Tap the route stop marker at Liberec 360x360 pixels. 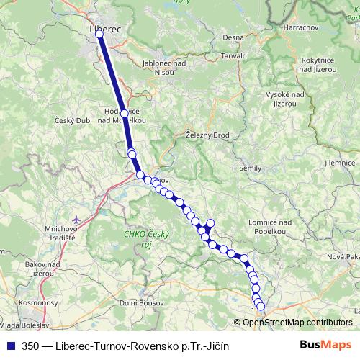(99, 34)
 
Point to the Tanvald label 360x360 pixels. (234, 55)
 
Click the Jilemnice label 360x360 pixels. (341, 163)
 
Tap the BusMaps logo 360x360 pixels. (326, 346)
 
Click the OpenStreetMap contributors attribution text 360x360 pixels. (297, 323)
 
